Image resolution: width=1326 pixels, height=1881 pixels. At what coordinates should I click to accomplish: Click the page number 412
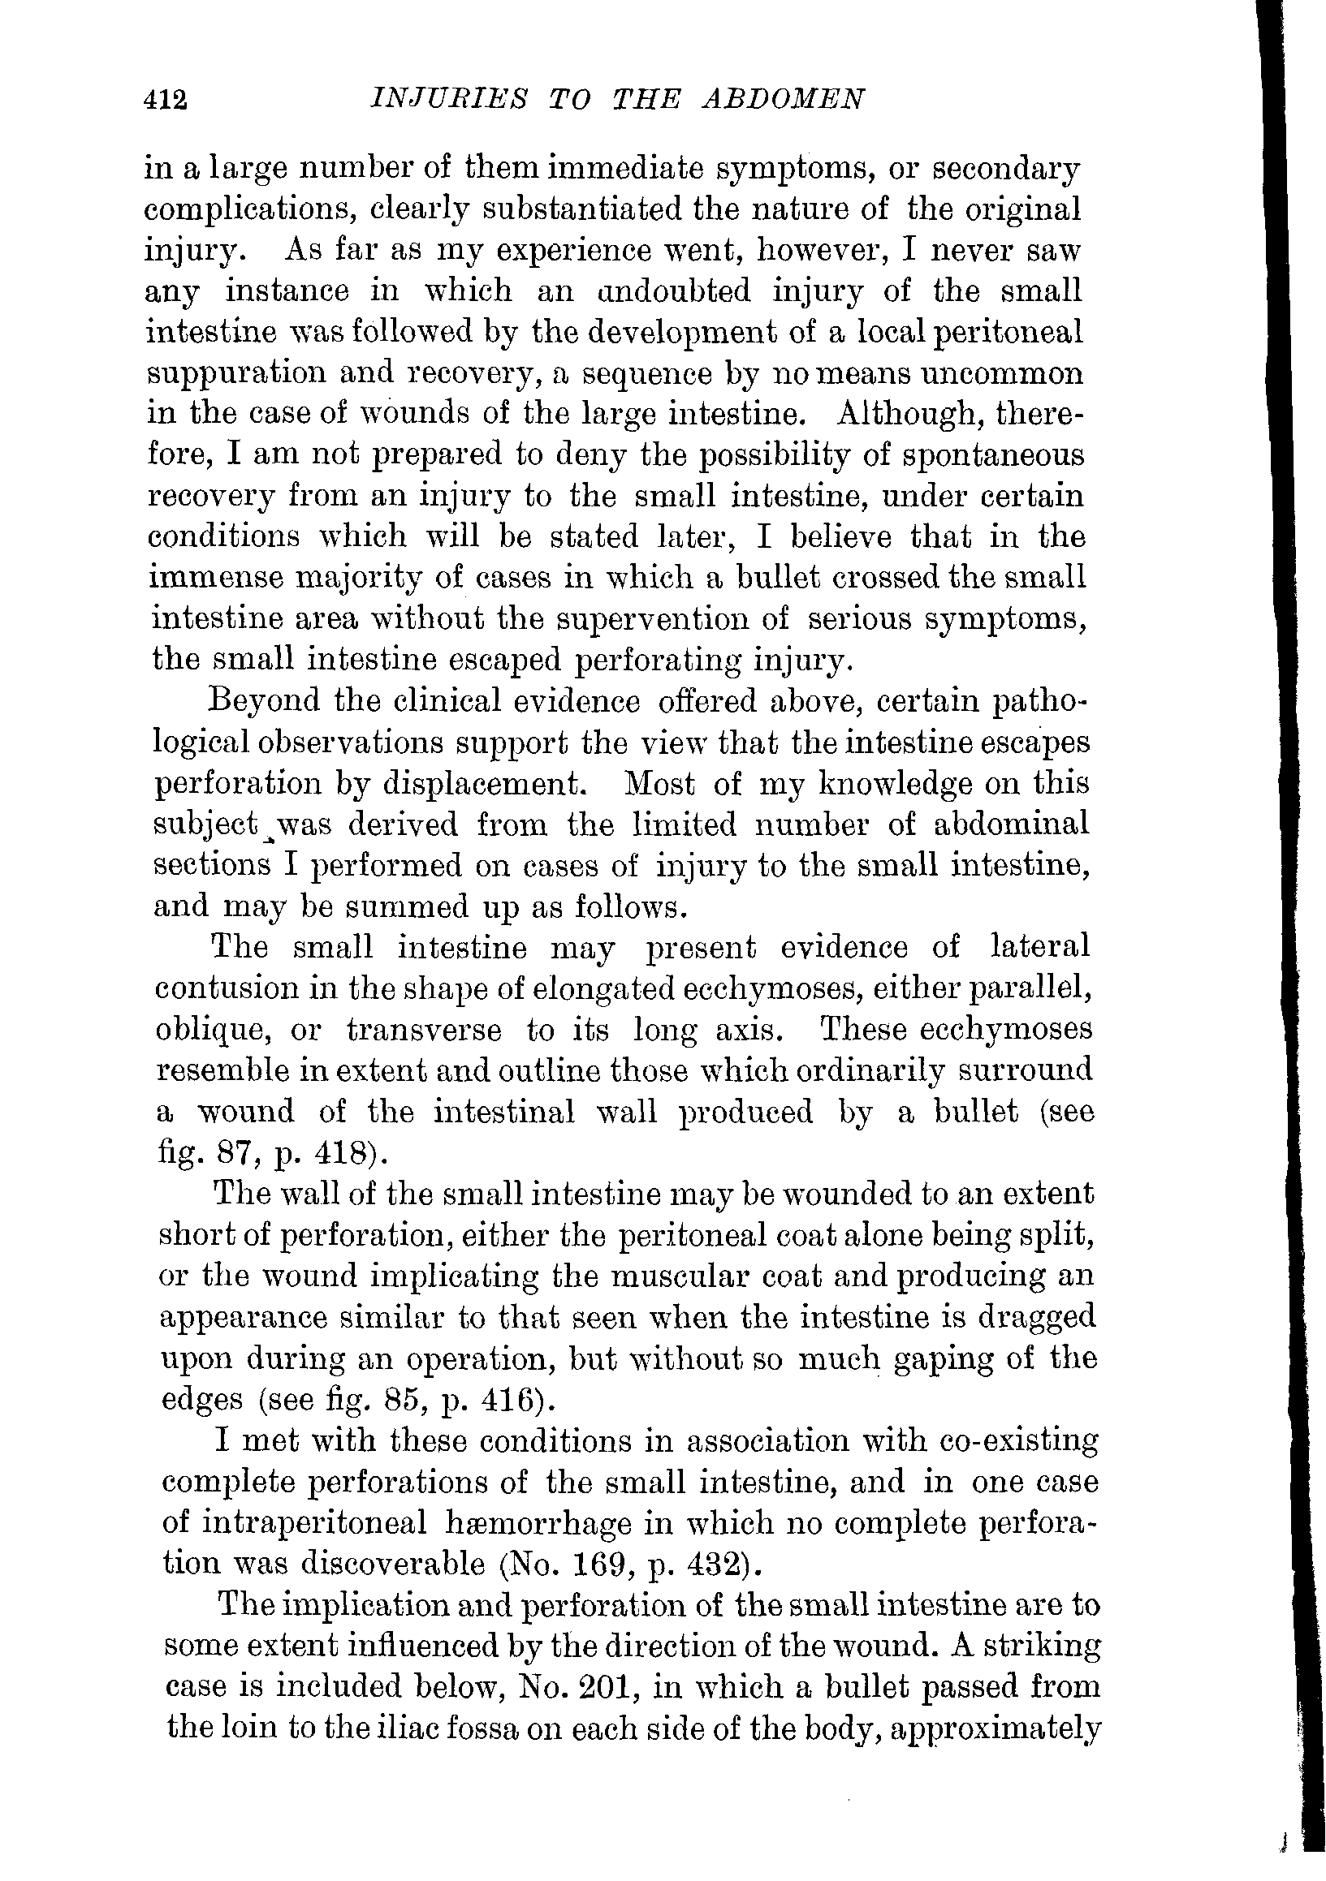166,100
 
